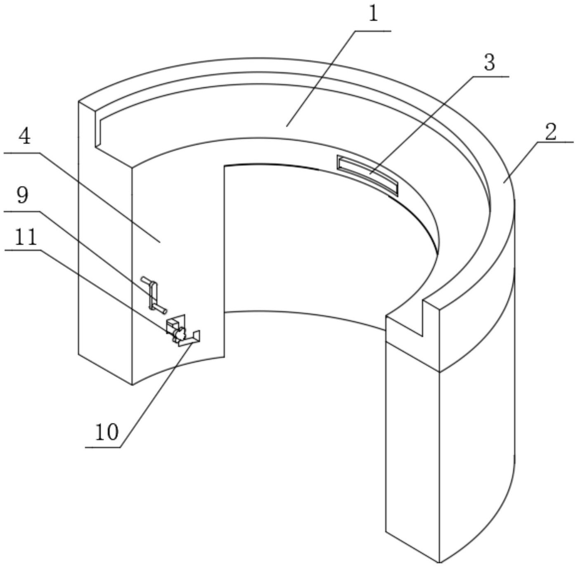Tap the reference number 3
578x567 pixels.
pos(490,63)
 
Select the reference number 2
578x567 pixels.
pos(551,132)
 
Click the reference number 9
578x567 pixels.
pos(22,195)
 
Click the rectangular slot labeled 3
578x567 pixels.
pos(368,175)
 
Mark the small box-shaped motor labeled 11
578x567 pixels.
pos(173,326)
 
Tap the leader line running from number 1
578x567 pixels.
pos(339,78)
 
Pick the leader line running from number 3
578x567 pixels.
pos(439,125)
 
